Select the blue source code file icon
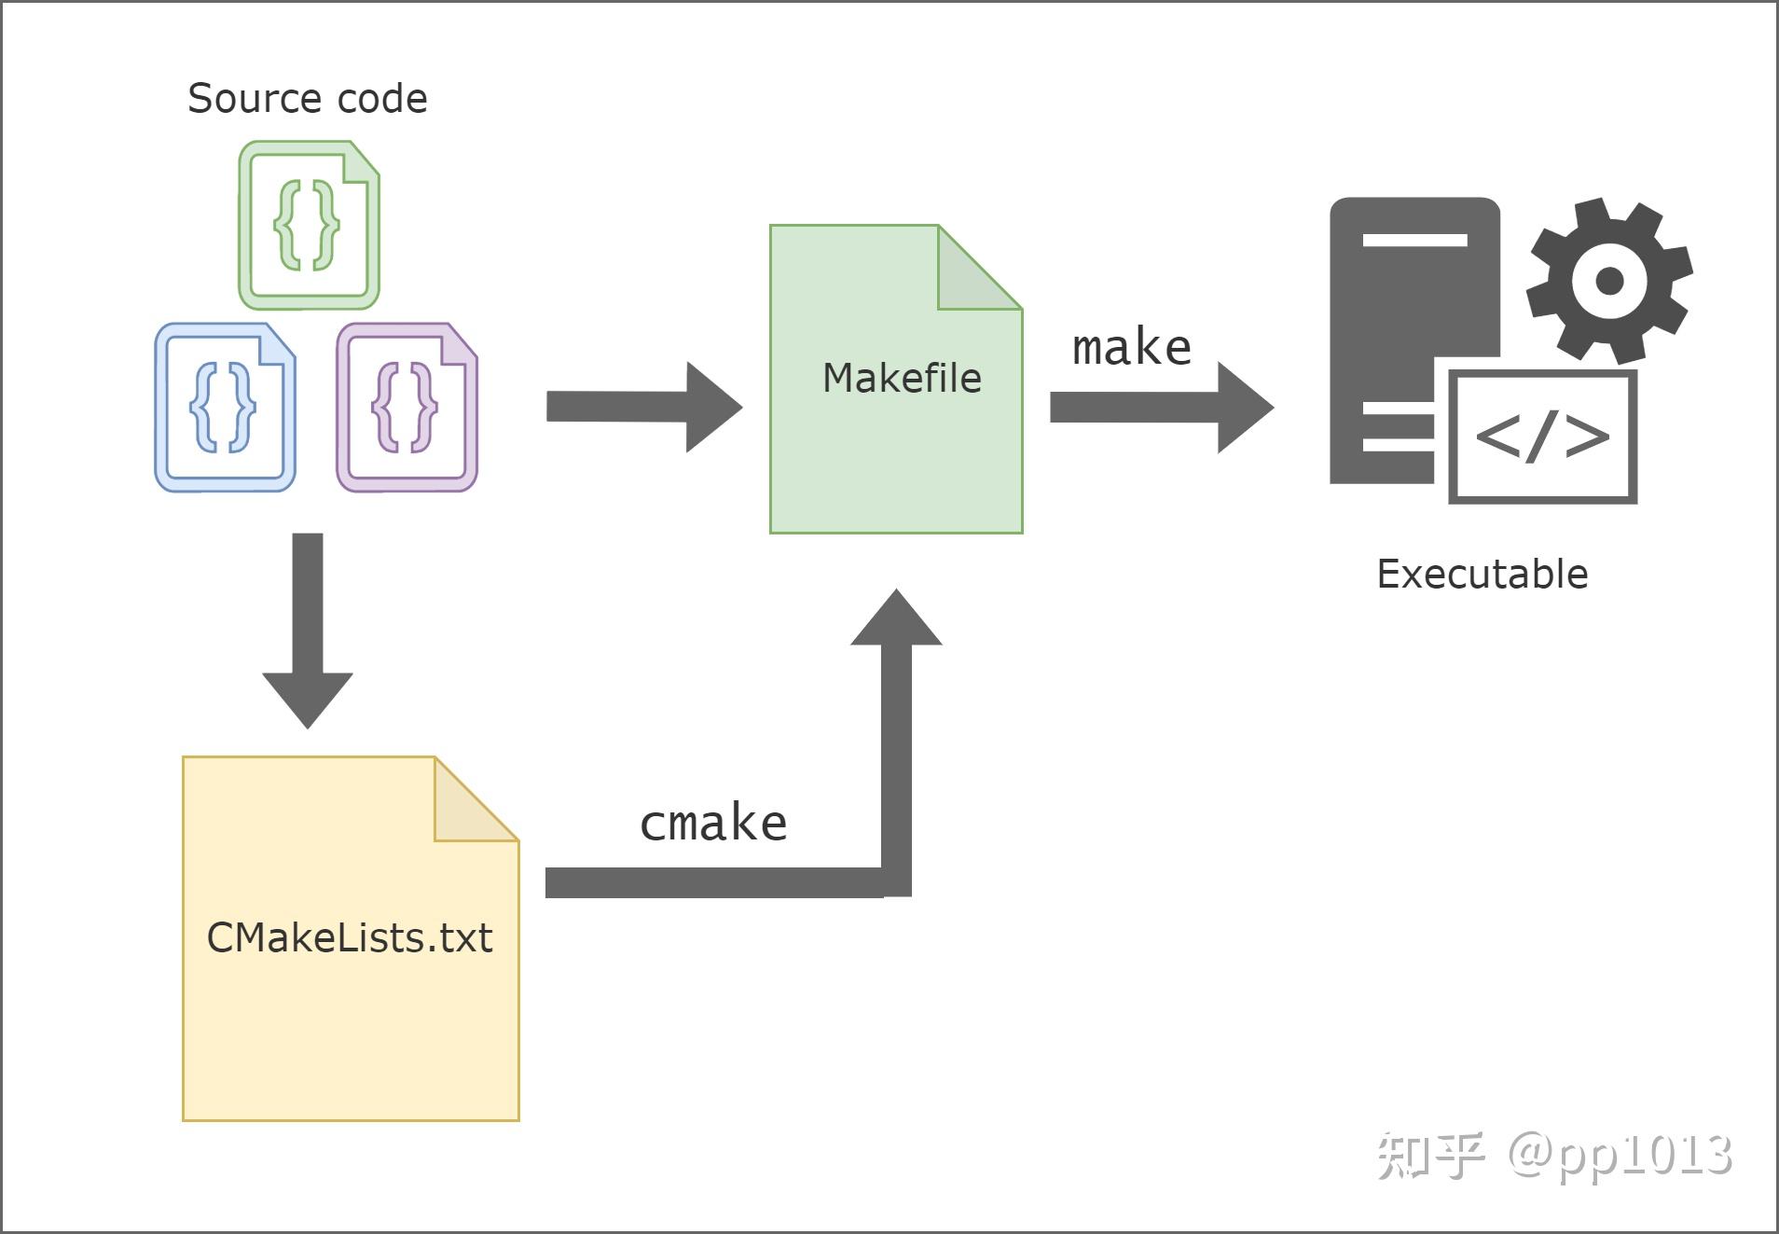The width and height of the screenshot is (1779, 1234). pyautogui.click(x=225, y=408)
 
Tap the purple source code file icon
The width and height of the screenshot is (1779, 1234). pyautogui.click(x=407, y=408)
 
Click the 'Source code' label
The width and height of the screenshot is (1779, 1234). pyautogui.click(x=307, y=99)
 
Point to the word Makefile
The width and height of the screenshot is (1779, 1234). pyautogui.click(x=901, y=379)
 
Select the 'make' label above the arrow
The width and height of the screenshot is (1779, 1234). pyautogui.click(x=1131, y=348)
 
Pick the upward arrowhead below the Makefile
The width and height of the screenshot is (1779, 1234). pyautogui.click(x=896, y=619)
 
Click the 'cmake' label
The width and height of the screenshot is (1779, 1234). pyautogui.click(x=713, y=823)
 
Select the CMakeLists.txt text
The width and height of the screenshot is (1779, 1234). pyautogui.click(x=350, y=938)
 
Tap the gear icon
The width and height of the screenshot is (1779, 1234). pyautogui.click(x=1608, y=280)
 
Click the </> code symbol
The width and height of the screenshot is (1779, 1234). pyautogui.click(x=1542, y=436)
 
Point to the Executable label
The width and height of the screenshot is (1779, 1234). pyautogui.click(x=1482, y=575)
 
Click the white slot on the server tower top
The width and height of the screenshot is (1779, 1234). pyautogui.click(x=1414, y=241)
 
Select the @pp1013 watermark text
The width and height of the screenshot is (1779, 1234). pyautogui.click(x=1620, y=1155)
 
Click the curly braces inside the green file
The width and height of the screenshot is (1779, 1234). pyautogui.click(x=307, y=226)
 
